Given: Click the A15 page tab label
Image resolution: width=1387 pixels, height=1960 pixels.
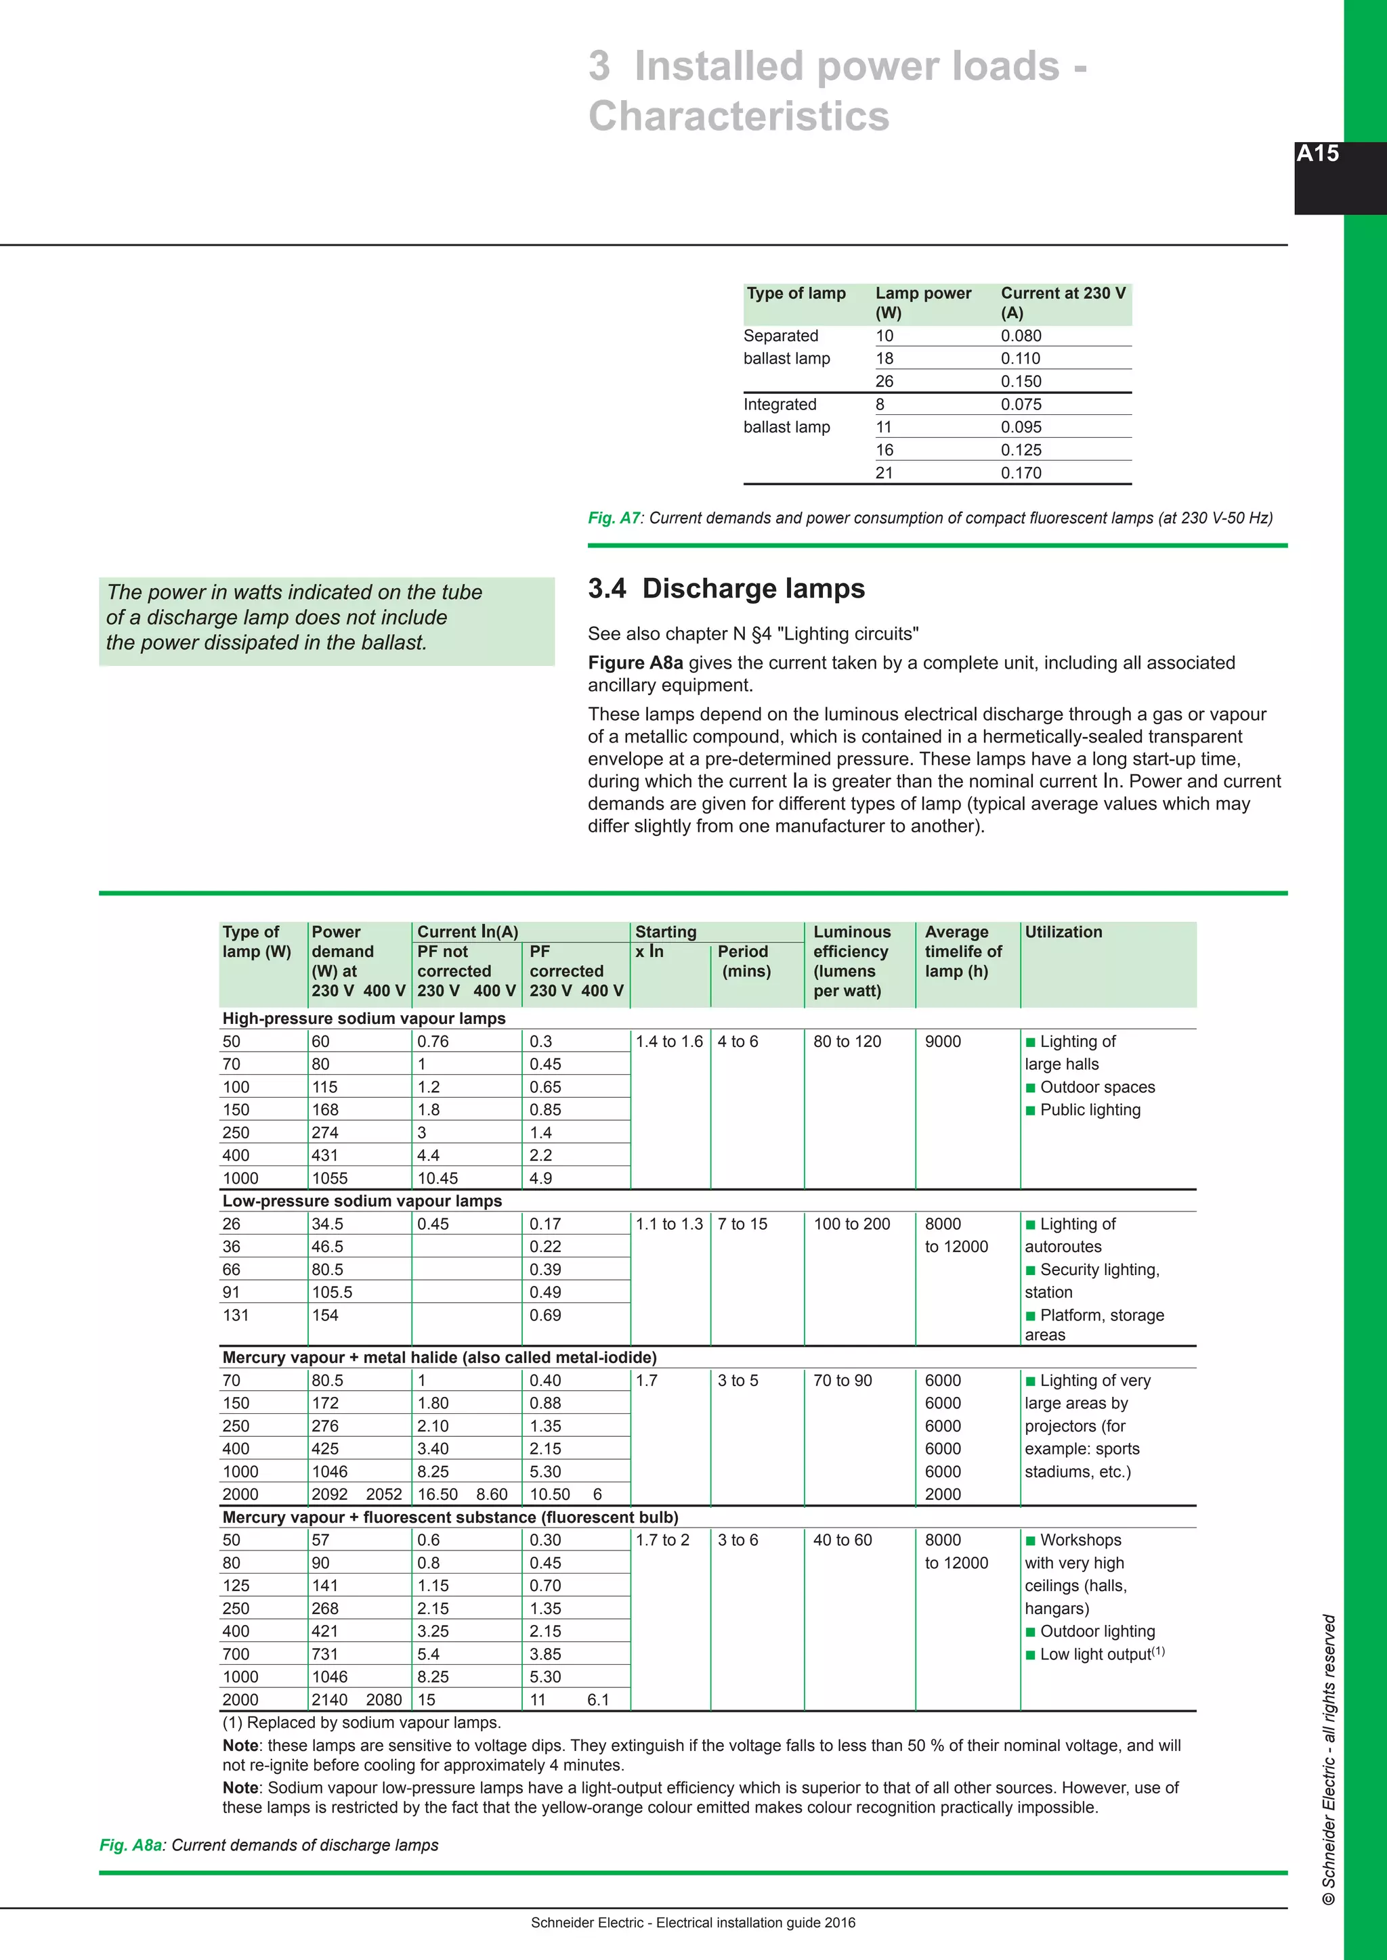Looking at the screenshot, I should (1317, 154).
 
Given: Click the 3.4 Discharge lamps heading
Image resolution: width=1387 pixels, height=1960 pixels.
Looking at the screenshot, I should (726, 589).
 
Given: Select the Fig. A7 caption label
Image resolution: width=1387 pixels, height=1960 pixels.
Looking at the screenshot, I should (613, 518).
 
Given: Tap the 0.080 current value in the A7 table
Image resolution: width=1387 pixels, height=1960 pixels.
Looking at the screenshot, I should (1021, 336).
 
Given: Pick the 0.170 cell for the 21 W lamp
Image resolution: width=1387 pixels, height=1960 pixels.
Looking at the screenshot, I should (1021, 473).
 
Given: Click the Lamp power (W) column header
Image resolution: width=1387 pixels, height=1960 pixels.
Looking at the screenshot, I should (922, 303).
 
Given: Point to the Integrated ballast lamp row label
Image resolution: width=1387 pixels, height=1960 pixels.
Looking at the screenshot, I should (786, 416).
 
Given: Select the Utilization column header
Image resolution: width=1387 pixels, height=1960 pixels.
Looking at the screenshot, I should (1063, 932).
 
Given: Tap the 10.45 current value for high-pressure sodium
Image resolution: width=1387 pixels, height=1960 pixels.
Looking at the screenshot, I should (438, 1178).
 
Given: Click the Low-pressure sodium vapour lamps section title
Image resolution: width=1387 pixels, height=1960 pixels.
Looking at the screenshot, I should (362, 1201).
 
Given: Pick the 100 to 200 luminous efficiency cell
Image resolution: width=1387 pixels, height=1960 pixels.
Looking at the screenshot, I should (851, 1224).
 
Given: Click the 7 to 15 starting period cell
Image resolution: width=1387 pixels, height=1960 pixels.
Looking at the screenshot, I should (742, 1224).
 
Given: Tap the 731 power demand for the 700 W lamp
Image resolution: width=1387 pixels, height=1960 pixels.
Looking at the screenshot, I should (324, 1654).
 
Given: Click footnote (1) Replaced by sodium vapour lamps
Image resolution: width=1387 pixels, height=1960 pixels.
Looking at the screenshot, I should (361, 1722).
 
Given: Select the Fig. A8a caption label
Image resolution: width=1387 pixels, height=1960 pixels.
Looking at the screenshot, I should (131, 1845).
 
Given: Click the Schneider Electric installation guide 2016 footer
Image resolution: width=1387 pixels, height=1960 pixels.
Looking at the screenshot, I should (693, 1923).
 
